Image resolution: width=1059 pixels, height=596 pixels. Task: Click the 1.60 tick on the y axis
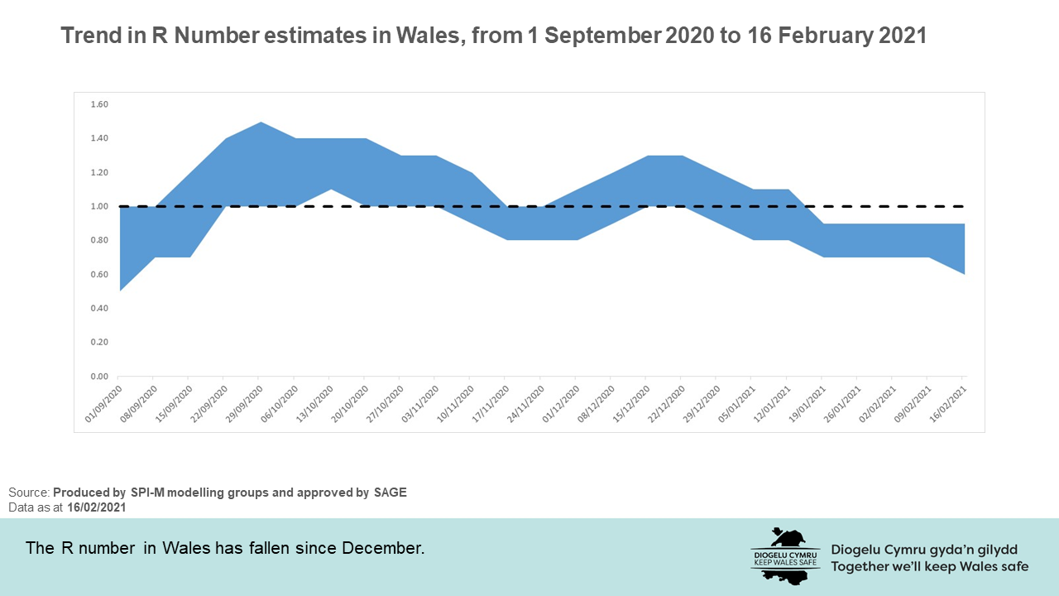98,104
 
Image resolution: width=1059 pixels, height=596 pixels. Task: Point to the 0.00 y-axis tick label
98,377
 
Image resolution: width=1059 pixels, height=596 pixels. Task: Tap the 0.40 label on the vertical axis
98,308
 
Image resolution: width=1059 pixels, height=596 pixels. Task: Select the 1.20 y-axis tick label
98,172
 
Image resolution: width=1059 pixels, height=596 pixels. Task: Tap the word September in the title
591,36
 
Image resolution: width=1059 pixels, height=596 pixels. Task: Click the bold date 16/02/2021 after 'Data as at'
98,507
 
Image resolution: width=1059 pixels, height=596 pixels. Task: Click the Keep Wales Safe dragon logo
784,555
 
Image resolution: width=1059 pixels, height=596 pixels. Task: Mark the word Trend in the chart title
86,36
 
